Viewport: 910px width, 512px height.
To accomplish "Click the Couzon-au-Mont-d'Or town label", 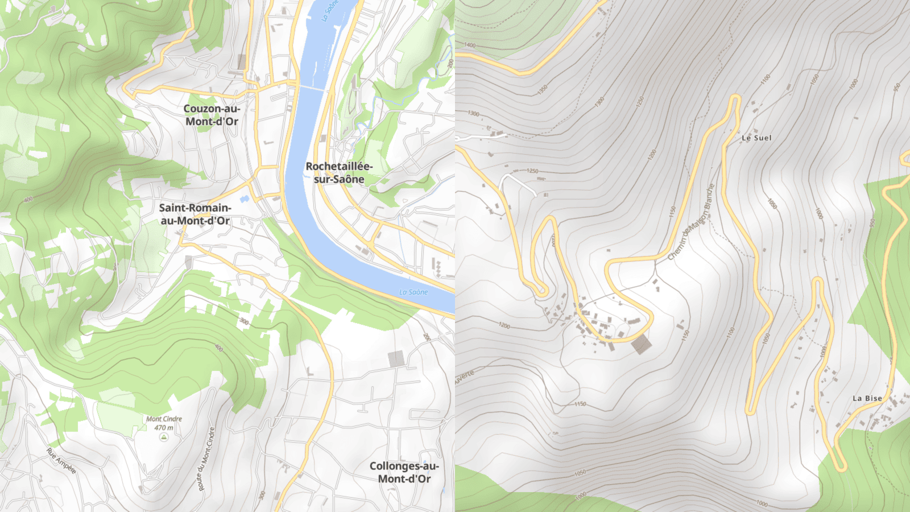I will [212, 115].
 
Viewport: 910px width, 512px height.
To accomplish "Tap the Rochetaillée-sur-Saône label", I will [339, 173].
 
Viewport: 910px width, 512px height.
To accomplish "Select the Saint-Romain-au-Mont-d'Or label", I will [195, 214].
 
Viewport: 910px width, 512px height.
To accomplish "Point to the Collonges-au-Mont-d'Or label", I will [404, 472].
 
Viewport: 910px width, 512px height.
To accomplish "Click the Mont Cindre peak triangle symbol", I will [164, 437].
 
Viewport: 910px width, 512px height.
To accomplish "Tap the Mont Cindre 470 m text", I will [164, 423].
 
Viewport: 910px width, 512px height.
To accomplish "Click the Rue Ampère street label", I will [61, 461].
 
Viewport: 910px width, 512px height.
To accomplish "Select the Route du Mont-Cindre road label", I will [206, 459].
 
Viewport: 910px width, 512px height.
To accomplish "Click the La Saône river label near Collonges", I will [413, 292].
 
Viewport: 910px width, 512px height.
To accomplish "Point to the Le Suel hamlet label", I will [756, 138].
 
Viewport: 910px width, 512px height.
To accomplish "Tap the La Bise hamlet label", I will [867, 398].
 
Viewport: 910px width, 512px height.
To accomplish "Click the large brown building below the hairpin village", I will [641, 344].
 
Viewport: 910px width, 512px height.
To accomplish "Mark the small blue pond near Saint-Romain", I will [245, 199].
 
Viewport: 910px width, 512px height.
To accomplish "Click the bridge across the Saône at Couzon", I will [313, 88].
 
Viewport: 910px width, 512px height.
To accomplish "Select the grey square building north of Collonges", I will [396, 358].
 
